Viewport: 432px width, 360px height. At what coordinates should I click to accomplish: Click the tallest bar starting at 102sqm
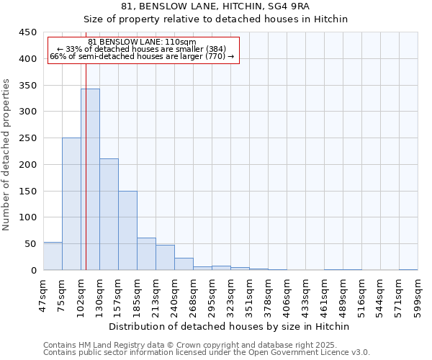point(90,179)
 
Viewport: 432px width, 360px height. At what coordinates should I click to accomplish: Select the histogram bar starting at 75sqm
point(71,204)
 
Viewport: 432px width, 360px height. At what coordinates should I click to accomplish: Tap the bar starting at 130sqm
point(109,215)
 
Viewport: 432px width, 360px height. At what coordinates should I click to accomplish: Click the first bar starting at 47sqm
point(53,256)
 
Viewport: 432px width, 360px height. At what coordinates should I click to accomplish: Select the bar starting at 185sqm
point(146,254)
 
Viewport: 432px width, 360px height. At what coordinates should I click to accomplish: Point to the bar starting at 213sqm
point(165,258)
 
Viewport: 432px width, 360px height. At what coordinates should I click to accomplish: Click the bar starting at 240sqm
point(184,264)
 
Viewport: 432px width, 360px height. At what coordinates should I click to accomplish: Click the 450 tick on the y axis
point(28,32)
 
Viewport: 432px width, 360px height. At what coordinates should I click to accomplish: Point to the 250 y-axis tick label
point(28,138)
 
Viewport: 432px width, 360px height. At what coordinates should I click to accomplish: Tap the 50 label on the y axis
point(31,244)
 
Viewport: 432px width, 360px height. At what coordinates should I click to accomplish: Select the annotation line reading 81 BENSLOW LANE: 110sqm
point(142,42)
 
